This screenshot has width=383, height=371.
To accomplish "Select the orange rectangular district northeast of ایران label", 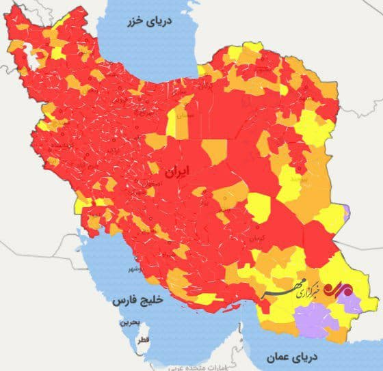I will (x=215, y=152).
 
